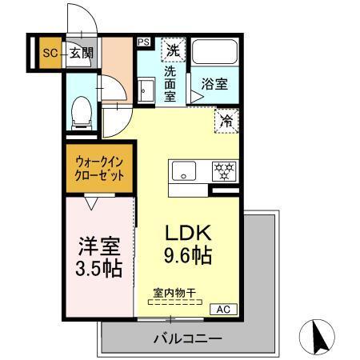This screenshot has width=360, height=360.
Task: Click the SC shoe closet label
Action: point(48,54)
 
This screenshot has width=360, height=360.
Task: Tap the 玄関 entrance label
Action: point(80,54)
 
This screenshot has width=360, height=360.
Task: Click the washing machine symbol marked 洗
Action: point(172,50)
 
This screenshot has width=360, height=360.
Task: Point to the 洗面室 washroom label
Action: point(170,82)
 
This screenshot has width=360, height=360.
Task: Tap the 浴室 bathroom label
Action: point(214,82)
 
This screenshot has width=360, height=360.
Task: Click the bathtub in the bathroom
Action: point(215,55)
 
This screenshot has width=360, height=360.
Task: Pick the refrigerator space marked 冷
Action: point(226,122)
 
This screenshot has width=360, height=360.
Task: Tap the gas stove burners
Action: point(223,170)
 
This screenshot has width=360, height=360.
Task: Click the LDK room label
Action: point(187,234)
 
